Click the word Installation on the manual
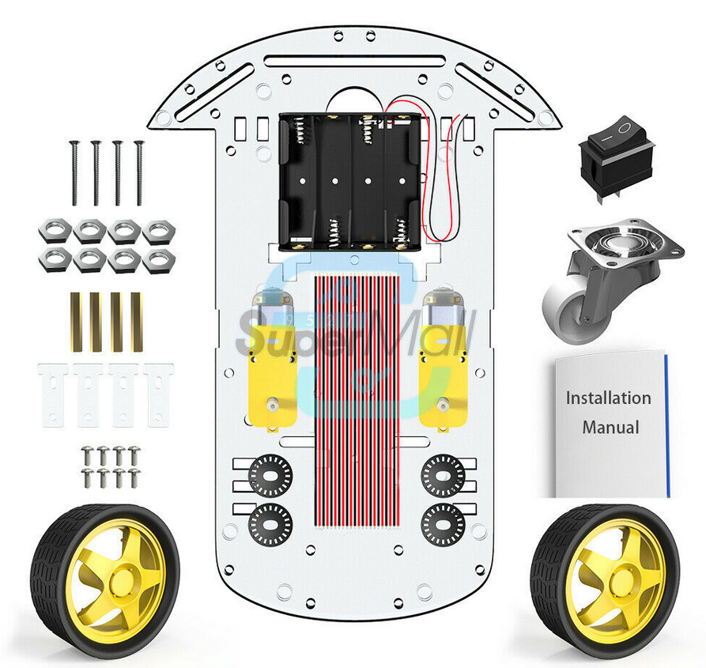coord(608,398)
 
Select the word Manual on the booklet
coord(610,427)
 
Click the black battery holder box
coord(350,182)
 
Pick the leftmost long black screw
coord(74,173)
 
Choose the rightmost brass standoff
coord(137,322)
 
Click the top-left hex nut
coord(55,231)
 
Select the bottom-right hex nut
coord(158,260)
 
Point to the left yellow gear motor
coord(272,360)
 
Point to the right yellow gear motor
coord(444,360)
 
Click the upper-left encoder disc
coord(270,476)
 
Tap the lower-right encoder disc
coord(443,524)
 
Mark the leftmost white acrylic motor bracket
coord(53,395)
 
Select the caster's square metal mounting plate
coord(626,243)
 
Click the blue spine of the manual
coord(667,425)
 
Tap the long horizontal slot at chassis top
coord(355,61)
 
